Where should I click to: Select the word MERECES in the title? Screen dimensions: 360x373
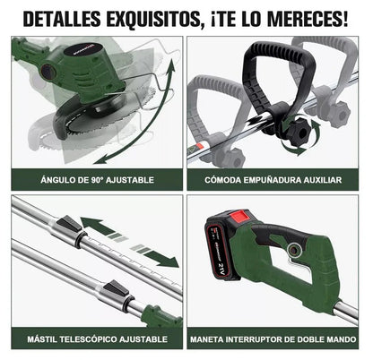click(x=308, y=17)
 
